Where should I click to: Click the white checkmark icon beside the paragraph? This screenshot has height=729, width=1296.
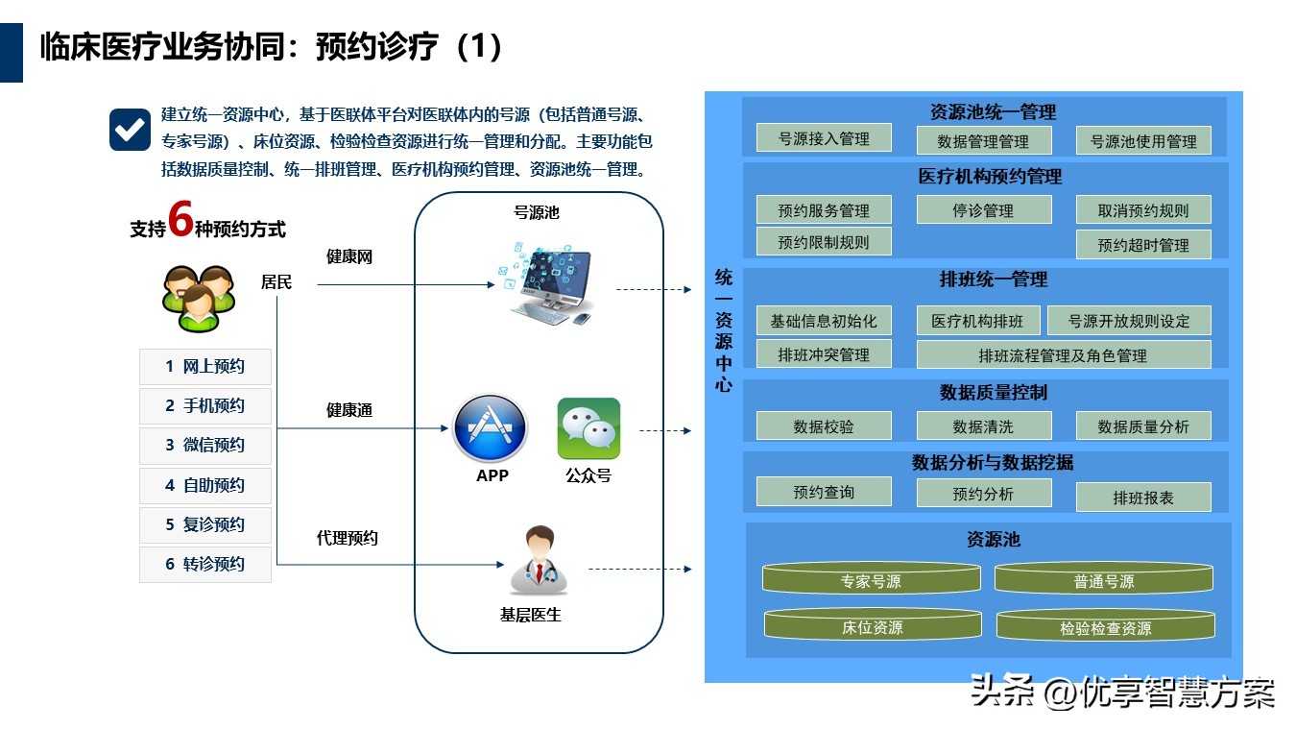130,130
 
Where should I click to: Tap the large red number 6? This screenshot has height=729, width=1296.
180,219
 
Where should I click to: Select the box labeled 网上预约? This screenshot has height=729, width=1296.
204,367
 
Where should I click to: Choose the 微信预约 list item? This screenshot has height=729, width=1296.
204,446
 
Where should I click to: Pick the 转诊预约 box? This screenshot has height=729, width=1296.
204,564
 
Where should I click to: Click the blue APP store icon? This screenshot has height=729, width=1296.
490,429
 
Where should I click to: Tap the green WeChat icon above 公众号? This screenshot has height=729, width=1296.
588,428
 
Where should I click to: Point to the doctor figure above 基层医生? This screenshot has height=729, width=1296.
539,561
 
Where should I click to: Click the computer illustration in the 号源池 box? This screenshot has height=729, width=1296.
547,284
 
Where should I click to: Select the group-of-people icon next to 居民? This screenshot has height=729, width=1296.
199,298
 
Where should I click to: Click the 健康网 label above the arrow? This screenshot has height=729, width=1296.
348,256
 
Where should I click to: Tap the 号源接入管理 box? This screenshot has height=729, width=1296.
824,138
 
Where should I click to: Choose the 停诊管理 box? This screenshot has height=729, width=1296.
984,210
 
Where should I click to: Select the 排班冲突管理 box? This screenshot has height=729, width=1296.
824,354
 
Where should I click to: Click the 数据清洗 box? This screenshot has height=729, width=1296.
984,426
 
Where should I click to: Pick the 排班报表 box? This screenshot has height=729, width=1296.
1143,498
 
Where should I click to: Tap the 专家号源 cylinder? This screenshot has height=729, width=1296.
872,578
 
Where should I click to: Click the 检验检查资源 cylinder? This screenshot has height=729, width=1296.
1105,625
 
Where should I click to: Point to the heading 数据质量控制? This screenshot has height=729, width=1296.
993,393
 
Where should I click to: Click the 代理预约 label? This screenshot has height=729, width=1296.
347,538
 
